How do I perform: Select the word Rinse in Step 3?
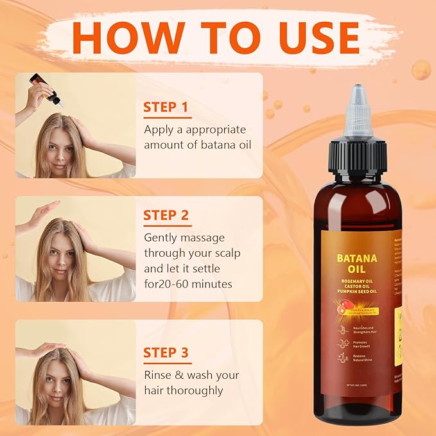tap(159, 374)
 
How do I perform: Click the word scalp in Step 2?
tap(225, 252)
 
